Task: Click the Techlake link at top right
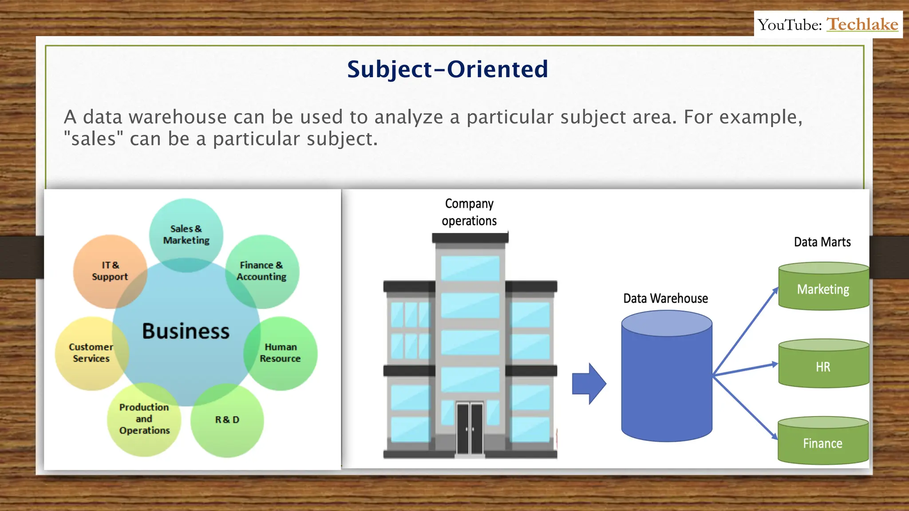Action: point(862,24)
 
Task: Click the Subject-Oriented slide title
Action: point(447,70)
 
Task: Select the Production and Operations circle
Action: point(144,419)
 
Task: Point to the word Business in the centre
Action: point(186,331)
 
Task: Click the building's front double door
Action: point(470,428)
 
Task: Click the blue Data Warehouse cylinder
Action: point(667,381)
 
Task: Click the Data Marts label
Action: point(822,242)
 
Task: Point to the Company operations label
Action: point(469,212)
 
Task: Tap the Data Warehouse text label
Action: point(665,299)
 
